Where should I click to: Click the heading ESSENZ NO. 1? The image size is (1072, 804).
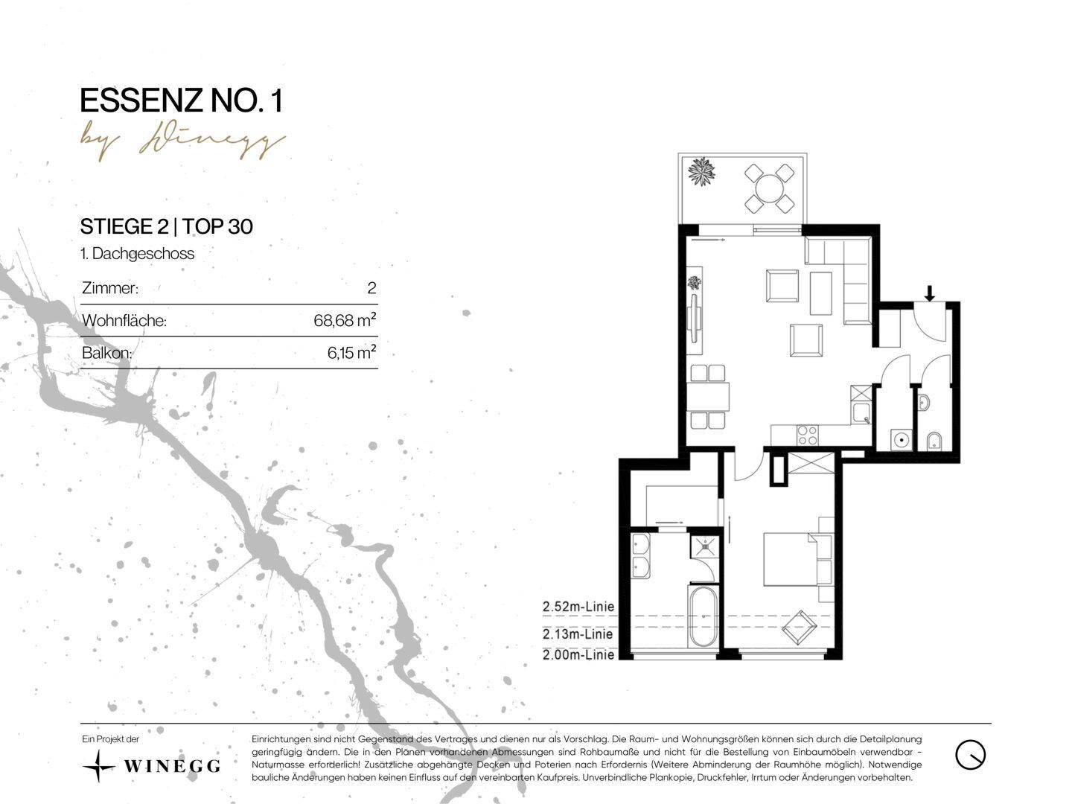tap(181, 101)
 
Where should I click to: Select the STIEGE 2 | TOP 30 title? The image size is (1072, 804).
tap(167, 226)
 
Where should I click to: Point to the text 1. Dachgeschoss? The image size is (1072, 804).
tap(138, 254)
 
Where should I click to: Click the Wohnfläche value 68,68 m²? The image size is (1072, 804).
tap(345, 320)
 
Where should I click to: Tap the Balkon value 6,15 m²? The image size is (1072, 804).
tap(351, 352)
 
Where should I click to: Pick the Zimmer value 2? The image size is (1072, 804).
tap(371, 288)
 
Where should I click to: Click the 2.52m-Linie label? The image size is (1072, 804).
tap(578, 607)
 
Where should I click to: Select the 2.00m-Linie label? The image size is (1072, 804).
tap(578, 654)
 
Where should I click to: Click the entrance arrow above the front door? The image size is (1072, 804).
tap(929, 293)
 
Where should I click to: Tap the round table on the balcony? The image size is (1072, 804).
tap(769, 188)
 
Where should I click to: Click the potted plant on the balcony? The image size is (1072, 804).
tap(701, 171)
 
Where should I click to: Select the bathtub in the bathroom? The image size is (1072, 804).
tap(703, 616)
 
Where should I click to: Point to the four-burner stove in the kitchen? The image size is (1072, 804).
tap(807, 435)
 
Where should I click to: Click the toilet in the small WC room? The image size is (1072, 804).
tap(934, 441)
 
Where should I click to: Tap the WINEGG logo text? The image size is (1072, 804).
tap(171, 766)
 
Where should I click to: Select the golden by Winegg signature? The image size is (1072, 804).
tap(183, 144)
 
